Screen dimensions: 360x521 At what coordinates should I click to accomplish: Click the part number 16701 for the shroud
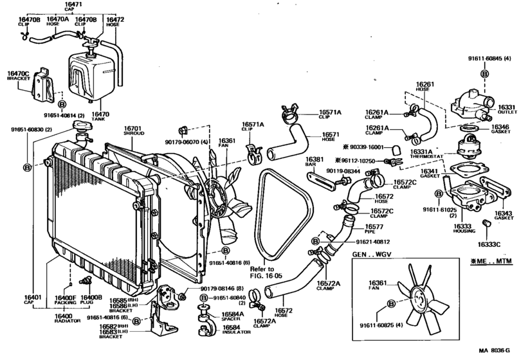tap(133, 129)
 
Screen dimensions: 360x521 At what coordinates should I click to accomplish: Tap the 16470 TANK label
tap(101, 117)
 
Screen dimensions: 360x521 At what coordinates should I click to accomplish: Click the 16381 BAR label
tap(314, 162)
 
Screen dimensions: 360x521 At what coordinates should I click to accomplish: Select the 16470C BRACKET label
tap(18, 77)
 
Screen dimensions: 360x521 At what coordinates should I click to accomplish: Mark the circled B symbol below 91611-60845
tap(483, 75)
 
